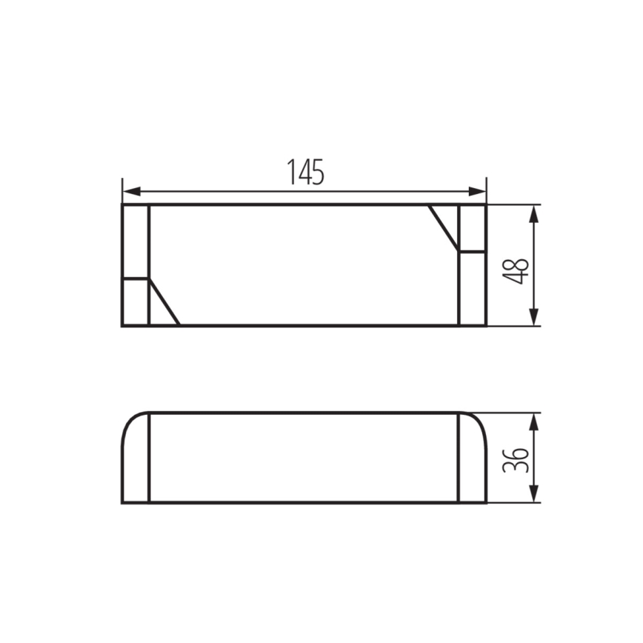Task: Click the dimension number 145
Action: click(x=305, y=173)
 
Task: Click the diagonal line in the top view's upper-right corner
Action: click(x=444, y=227)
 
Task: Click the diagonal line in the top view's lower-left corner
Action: click(x=164, y=302)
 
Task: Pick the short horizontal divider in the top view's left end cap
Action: click(x=136, y=279)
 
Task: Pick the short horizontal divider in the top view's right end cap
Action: click(x=473, y=252)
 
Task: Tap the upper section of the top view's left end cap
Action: click(x=136, y=241)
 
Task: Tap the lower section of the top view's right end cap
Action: click(x=473, y=289)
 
